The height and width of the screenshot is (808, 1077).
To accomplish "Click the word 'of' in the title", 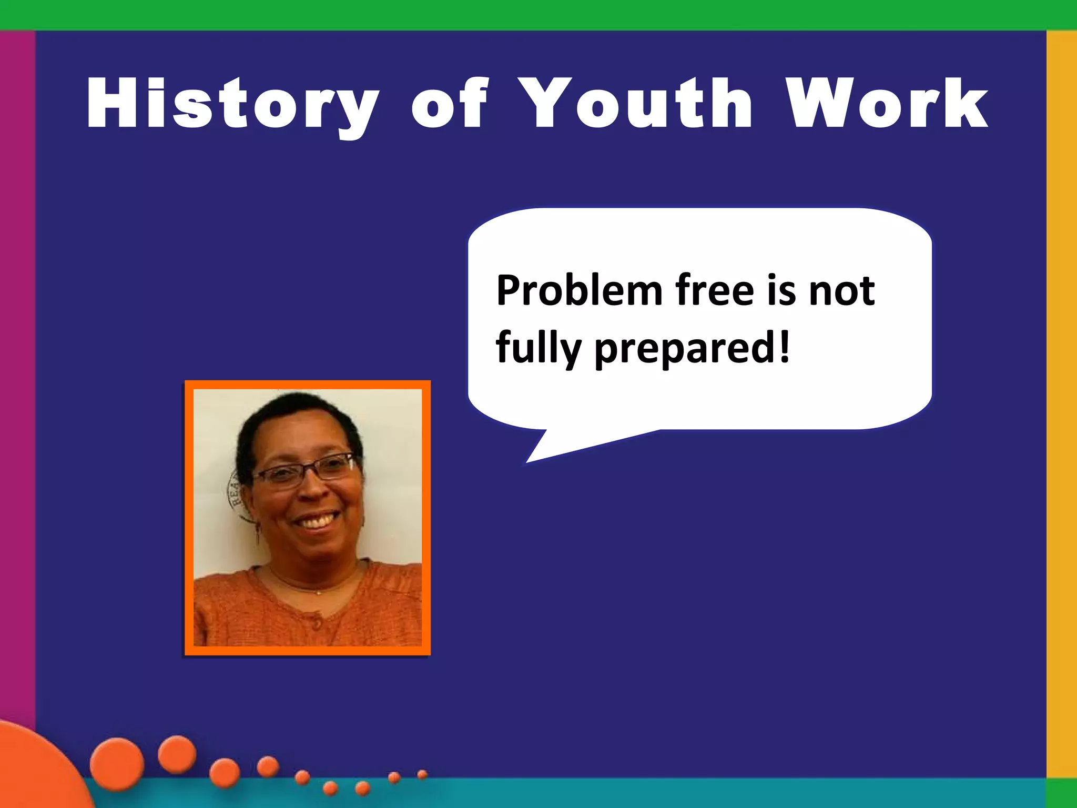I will pyautogui.click(x=450, y=103).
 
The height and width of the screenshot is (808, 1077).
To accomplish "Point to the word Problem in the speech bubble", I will pyautogui.click(x=579, y=290).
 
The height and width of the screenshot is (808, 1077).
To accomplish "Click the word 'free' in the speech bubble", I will pyautogui.click(x=716, y=290).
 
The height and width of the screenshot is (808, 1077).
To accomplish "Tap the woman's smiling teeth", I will pyautogui.click(x=316, y=522).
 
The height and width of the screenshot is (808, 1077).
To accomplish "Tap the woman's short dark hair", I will pyautogui.click(x=294, y=416).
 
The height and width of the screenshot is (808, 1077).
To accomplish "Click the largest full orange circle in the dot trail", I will pyautogui.click(x=117, y=764).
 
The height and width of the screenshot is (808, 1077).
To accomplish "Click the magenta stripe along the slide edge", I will pyautogui.click(x=17, y=368).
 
